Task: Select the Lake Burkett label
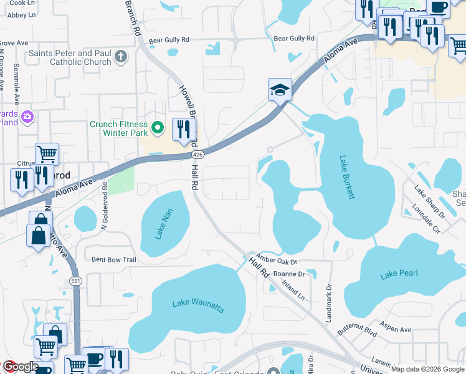[348, 177]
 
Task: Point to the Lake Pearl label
[399, 274]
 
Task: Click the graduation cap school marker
[280, 90]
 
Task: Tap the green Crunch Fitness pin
[158, 128]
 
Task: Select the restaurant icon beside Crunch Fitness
[183, 130]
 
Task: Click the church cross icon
[121, 58]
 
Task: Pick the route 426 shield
[197, 154]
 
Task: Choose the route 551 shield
[75, 281]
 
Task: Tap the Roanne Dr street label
[288, 274]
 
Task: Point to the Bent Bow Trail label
[113, 259]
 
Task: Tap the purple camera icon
[27, 116]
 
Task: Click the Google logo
[20, 367]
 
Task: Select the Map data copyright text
[427, 369]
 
